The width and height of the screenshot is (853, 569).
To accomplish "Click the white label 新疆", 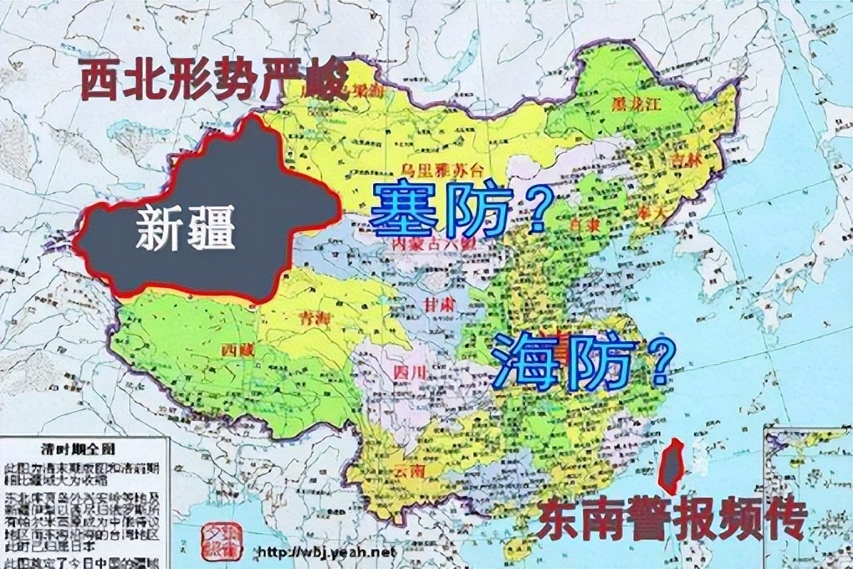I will tap(186, 228).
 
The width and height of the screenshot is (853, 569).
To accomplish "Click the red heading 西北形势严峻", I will tap(213, 80).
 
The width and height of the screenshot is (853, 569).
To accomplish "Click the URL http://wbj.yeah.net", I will tap(323, 553).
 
